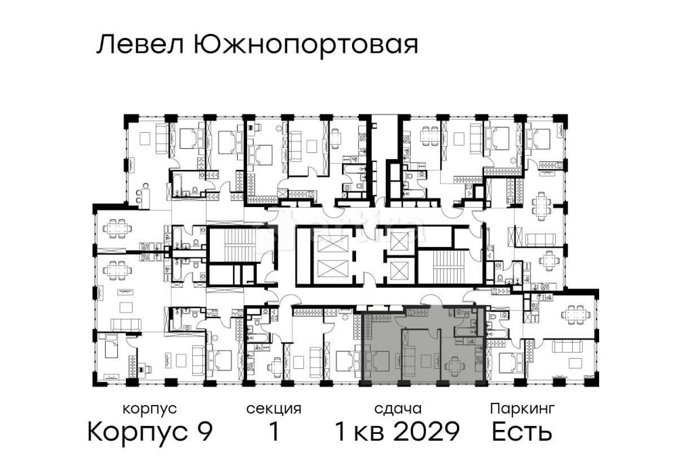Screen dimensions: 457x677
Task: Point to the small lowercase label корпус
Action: pos(150,409)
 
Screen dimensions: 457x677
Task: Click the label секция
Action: pos(274,409)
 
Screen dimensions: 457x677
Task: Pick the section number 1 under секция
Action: pos(274,431)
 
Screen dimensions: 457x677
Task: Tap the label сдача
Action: pos(398,409)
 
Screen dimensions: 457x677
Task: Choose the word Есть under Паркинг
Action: pos(522,431)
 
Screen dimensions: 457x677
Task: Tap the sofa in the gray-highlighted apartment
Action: pos(410,357)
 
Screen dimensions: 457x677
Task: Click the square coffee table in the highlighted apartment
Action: pos(427,360)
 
